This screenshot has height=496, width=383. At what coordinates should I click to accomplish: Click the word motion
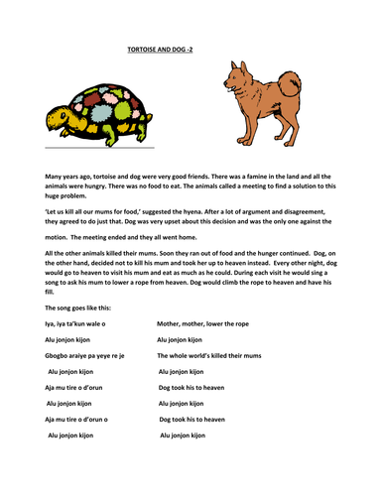(x=59, y=237)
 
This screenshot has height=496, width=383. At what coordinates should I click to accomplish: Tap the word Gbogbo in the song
(x=60, y=354)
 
